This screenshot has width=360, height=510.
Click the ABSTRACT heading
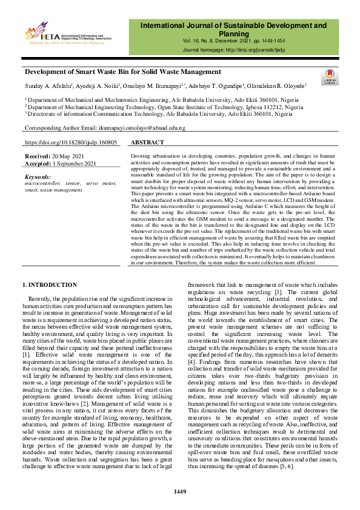click(x=147, y=143)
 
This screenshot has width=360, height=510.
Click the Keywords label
click(x=39, y=176)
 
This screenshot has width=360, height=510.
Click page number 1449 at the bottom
click(x=180, y=491)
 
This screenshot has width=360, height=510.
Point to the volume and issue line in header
click(x=233, y=41)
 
